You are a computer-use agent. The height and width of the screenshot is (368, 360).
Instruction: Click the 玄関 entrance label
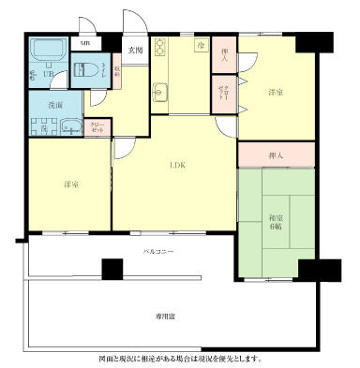tap(135, 50)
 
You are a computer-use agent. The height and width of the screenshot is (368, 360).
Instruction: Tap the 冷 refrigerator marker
tap(200, 45)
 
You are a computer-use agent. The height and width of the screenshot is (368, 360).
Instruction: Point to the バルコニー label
tap(157, 252)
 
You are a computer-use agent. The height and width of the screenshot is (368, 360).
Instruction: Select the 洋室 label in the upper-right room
tap(276, 92)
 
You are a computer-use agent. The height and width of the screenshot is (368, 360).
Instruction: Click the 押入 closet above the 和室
tap(277, 154)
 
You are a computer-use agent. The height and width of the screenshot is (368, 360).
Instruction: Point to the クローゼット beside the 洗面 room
tap(98, 127)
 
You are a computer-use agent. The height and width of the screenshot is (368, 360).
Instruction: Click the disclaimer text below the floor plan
tap(180, 358)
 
